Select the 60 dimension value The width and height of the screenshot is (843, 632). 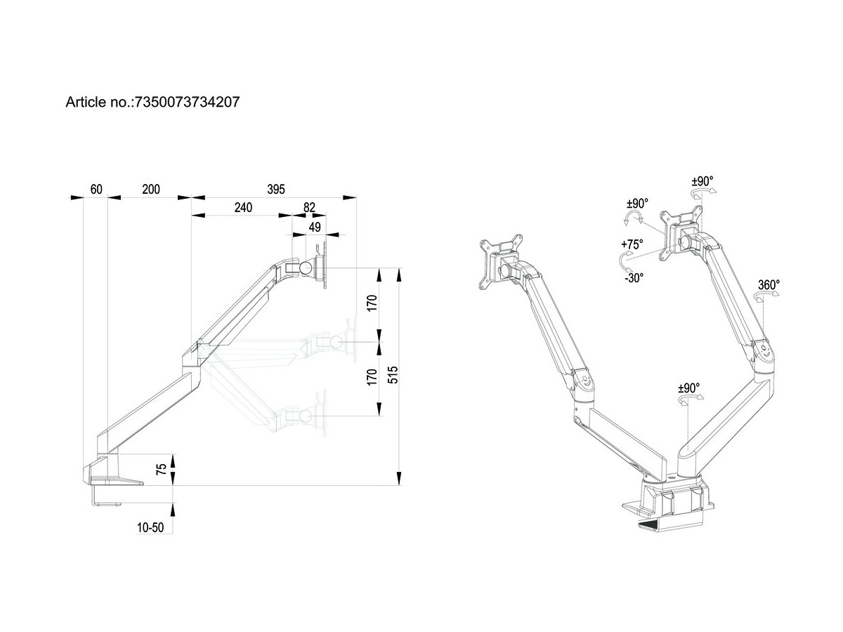tap(96, 189)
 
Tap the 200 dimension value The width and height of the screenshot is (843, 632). tap(150, 189)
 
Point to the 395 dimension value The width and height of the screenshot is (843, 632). tap(276, 189)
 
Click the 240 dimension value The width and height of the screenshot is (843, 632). tap(242, 207)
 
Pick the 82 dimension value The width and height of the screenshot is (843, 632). tap(309, 207)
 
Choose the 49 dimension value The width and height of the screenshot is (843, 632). tap(315, 226)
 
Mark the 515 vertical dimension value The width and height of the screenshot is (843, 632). tap(393, 375)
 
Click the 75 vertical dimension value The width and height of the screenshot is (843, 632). tap(162, 470)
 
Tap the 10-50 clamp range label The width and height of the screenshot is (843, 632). tap(150, 528)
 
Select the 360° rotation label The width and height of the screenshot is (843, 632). tap(769, 284)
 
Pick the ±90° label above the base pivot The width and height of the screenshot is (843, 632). tap(688, 387)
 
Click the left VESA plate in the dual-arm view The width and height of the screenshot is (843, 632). tap(499, 261)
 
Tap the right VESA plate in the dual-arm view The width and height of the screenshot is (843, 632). tap(679, 230)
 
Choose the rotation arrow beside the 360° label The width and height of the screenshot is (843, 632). tap(761, 298)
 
